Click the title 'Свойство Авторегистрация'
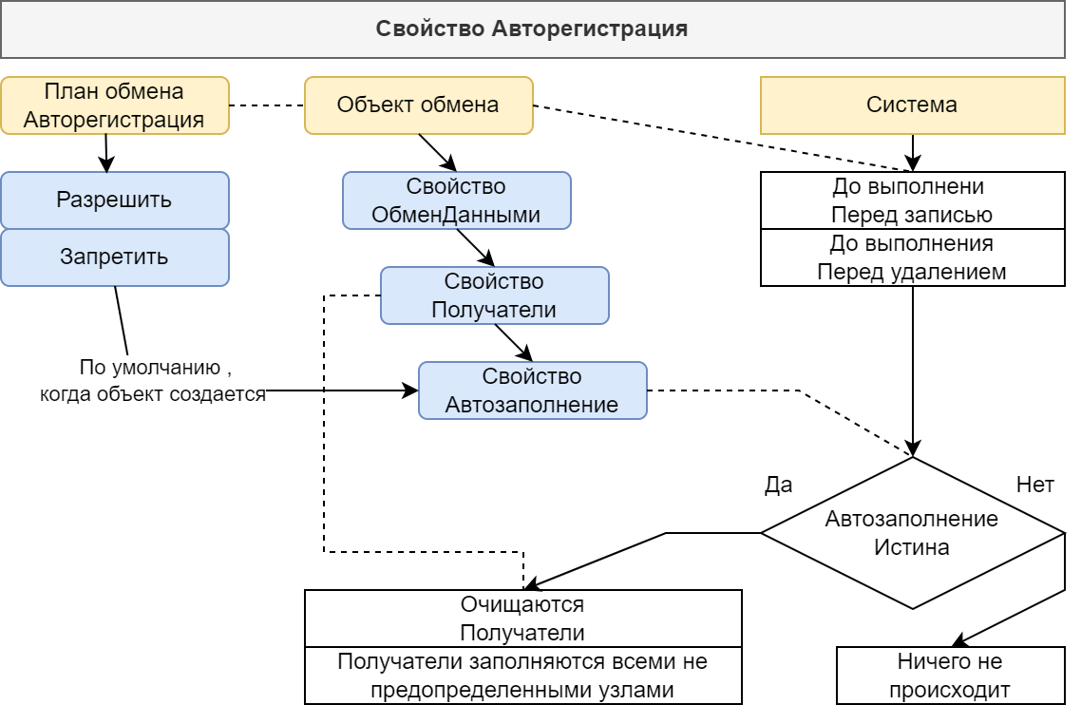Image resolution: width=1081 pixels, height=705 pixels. (532, 29)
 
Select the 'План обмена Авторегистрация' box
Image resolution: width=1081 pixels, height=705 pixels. (114, 105)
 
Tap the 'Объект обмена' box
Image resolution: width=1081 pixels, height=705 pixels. (418, 105)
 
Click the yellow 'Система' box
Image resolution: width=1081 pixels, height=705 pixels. (912, 105)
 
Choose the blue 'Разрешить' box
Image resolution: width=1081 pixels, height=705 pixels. (114, 200)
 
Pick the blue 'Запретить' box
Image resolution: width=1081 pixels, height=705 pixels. (114, 257)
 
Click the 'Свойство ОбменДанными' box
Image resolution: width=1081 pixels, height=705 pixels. (456, 200)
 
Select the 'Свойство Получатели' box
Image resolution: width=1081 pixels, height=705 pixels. (494, 295)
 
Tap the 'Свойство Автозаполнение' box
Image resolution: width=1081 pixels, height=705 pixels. (532, 391)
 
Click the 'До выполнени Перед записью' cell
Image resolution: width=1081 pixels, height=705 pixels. (912, 200)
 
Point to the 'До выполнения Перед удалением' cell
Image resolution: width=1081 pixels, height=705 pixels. (912, 257)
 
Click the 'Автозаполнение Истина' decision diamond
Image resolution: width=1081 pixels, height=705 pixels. (912, 533)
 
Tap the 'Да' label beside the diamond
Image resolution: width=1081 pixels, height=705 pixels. (778, 485)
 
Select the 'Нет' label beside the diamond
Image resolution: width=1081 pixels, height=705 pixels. (1034, 485)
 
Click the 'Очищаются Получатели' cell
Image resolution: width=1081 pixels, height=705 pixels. (522, 619)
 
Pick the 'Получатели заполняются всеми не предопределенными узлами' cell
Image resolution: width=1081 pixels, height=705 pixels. (522, 676)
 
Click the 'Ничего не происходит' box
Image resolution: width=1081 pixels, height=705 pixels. (950, 676)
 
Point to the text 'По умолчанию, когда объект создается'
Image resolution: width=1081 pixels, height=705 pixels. (152, 381)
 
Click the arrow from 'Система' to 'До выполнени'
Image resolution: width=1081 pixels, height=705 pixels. (913, 152)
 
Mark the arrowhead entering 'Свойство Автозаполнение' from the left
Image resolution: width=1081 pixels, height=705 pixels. (411, 391)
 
